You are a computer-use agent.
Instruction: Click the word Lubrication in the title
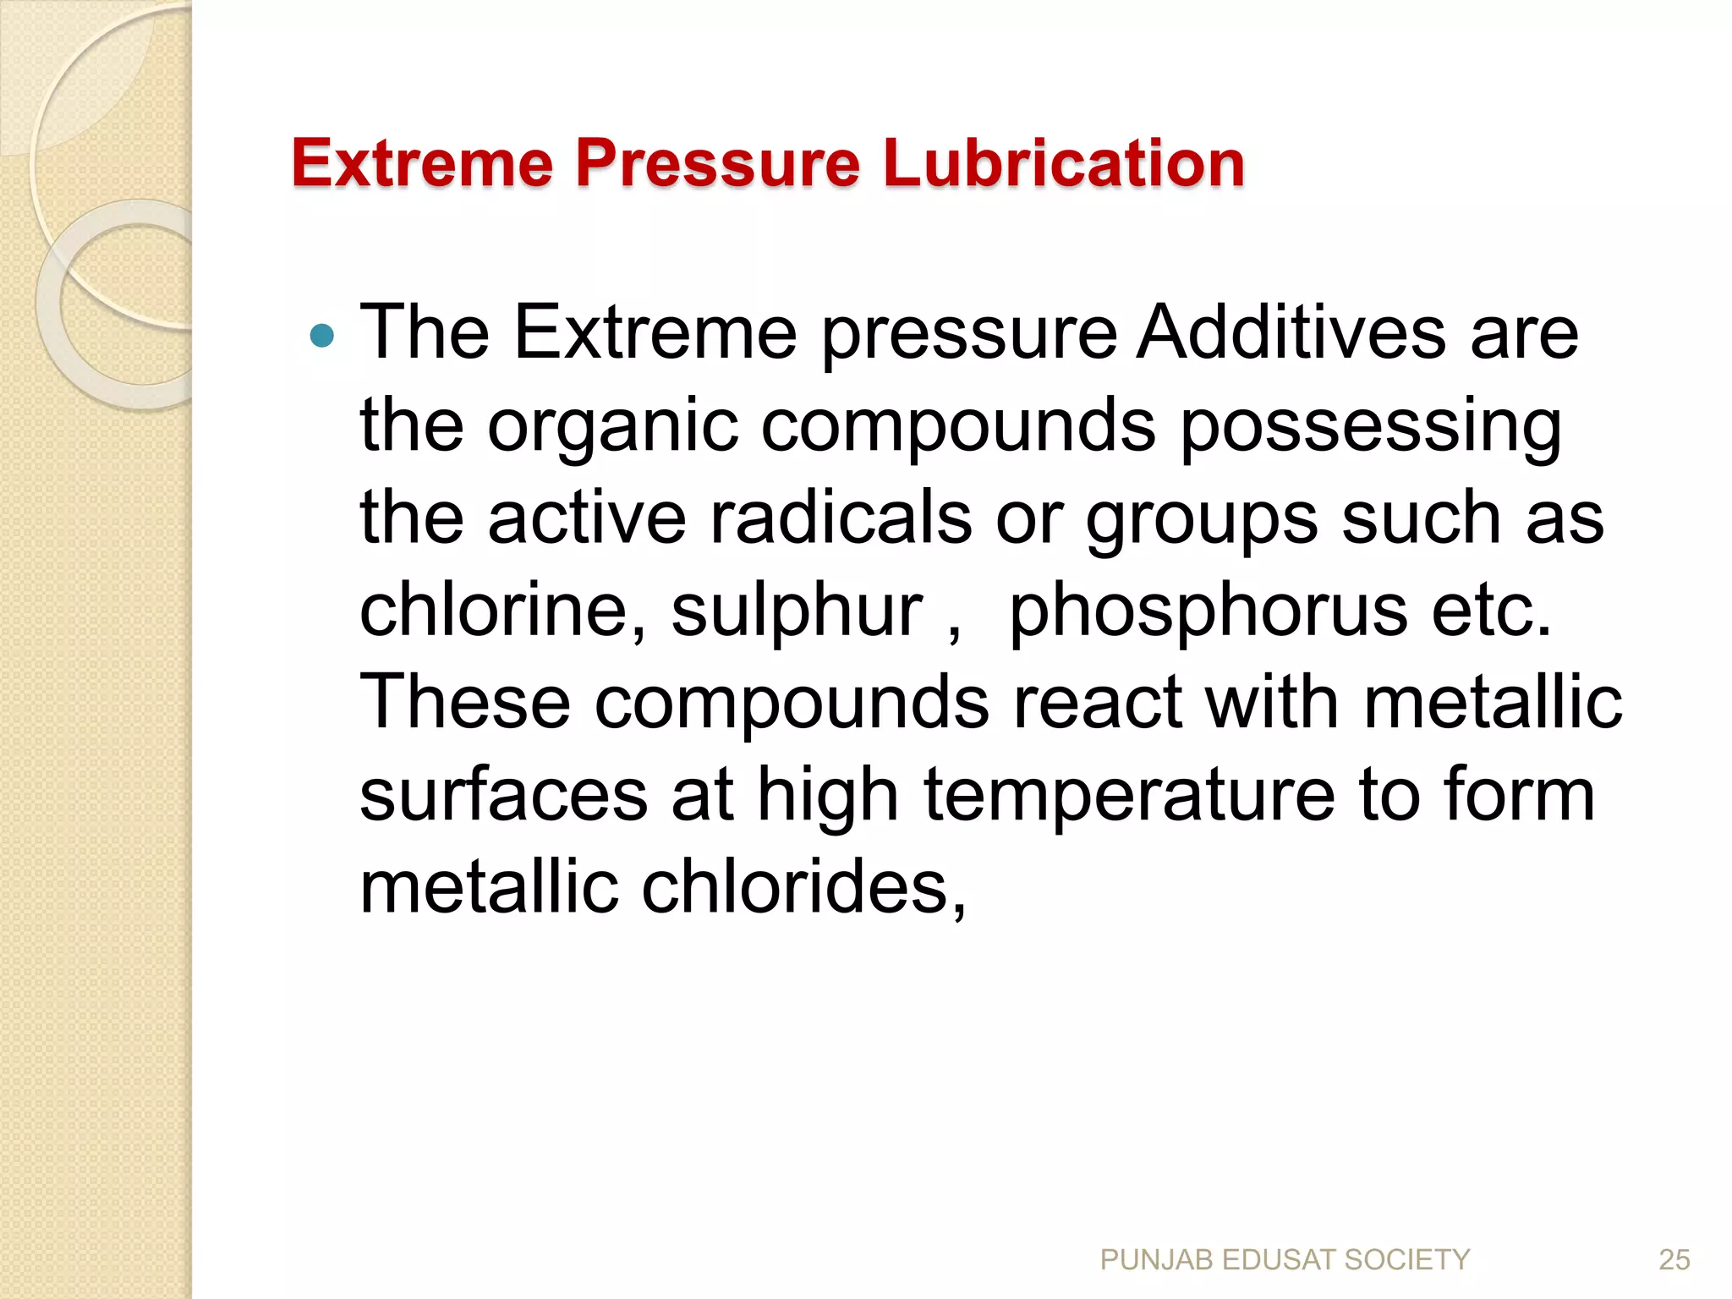[x=1063, y=162]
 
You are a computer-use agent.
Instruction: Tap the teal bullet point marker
[x=322, y=337]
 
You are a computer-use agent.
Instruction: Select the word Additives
[x=1291, y=332]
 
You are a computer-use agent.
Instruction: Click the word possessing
[x=1370, y=425]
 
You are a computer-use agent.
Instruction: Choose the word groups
[x=1202, y=518]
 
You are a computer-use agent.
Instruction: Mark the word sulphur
[x=797, y=611]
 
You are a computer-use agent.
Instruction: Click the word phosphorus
[x=1209, y=611]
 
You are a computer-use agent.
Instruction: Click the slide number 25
[x=1674, y=1260]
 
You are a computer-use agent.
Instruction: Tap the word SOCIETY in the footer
[x=1407, y=1260]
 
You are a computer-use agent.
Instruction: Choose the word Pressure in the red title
[x=718, y=162]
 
